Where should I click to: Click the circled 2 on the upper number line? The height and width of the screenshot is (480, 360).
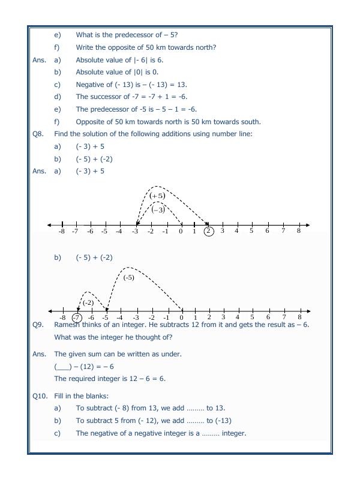tap(208, 231)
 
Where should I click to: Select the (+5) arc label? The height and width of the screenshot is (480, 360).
tap(157, 196)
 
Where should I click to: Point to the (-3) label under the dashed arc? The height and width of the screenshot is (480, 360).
tap(158, 209)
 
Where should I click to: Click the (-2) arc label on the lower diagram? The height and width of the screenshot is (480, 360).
tap(88, 302)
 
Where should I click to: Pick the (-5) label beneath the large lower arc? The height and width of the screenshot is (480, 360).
tap(128, 277)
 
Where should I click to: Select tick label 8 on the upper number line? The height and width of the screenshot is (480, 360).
tap(298, 231)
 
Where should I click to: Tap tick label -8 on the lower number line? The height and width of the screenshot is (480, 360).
tap(62, 317)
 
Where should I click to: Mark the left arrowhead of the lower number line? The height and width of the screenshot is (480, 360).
tap(50, 311)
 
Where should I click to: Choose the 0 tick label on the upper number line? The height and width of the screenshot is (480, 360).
tap(181, 231)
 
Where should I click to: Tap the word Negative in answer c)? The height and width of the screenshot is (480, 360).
tap(91, 84)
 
